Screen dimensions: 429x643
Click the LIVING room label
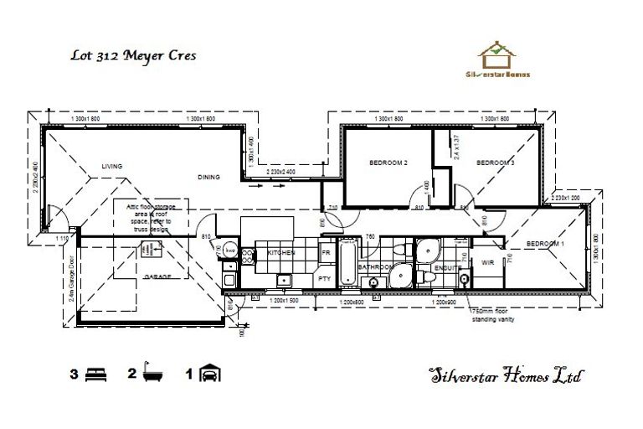(112, 167)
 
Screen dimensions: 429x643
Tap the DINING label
(208, 177)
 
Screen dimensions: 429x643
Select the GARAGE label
(157, 276)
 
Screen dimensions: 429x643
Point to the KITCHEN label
(281, 252)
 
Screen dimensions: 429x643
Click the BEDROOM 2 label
(388, 162)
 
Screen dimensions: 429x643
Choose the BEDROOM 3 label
(495, 162)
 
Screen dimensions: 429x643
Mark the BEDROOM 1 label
(545, 244)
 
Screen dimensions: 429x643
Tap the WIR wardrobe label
(488, 262)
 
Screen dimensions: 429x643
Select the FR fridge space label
(325, 251)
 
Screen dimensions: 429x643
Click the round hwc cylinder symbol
(229, 251)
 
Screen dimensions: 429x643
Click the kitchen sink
(285, 281)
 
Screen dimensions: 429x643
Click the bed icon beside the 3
(96, 374)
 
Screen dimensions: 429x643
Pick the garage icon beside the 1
(210, 374)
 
